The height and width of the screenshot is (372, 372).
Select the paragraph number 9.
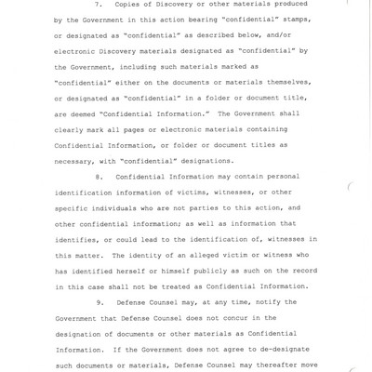pos(100,302)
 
